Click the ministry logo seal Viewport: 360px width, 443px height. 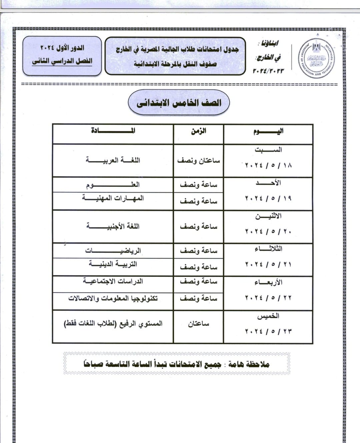pos(317,58)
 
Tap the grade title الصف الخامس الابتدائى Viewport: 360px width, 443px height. pos(179,103)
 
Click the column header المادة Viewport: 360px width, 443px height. pos(113,131)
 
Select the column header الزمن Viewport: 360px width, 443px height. pos(198,131)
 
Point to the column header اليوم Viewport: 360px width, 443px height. pos(268,131)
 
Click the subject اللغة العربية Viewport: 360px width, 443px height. pos(113,160)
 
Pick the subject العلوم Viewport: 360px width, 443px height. pos(113,185)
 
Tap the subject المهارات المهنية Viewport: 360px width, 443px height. pos(113,198)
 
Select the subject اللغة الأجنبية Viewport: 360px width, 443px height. pos(113,227)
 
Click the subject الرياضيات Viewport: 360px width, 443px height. pos(113,251)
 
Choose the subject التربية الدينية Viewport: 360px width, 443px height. pos(113,264)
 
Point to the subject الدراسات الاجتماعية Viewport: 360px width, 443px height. pos(113,281)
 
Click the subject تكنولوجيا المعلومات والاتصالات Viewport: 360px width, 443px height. pos(113,298)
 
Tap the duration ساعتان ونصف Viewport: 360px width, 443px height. pos(198,161)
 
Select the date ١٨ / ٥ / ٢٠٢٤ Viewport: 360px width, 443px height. pos(268,165)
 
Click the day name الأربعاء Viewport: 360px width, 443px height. pos(268,282)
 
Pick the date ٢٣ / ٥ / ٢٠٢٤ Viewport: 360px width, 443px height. pos(268,331)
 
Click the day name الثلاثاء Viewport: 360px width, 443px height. pos(268,249)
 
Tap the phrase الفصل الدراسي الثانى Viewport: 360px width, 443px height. pos(62,61)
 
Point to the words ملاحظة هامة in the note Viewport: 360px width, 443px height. pos(249,364)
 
